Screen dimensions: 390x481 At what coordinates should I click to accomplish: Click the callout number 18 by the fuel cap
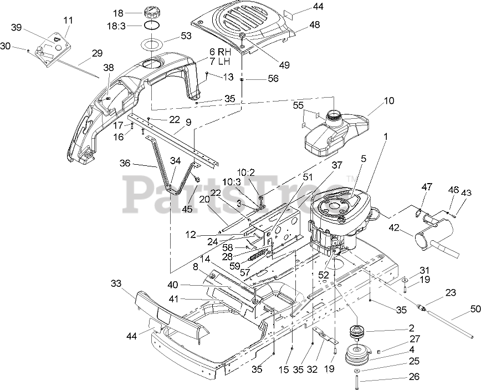117,13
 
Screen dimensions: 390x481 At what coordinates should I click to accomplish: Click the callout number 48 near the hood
314,26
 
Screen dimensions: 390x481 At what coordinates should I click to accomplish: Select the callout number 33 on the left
115,283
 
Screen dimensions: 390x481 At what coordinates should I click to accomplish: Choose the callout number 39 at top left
16,28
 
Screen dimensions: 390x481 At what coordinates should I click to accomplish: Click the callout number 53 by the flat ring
186,36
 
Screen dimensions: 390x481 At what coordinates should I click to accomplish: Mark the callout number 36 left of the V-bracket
125,164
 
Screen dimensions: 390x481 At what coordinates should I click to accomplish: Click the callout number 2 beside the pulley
396,328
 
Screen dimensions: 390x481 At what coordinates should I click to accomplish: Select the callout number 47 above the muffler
427,187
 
